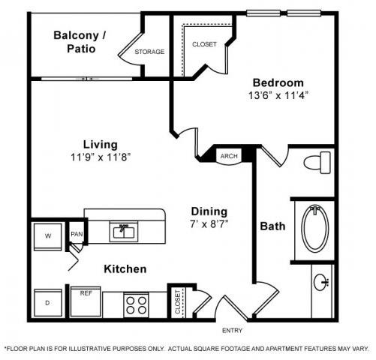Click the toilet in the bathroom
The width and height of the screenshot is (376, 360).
[317, 163]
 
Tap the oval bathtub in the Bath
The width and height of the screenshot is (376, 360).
[315, 229]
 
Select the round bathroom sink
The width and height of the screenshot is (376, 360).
[321, 282]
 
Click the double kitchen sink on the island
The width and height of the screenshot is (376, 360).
[124, 232]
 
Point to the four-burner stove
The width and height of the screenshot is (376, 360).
[136, 305]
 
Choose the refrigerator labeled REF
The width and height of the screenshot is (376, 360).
[86, 302]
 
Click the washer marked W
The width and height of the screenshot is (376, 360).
[48, 237]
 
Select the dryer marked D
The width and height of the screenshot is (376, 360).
[48, 303]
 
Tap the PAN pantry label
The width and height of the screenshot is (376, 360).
[77, 234]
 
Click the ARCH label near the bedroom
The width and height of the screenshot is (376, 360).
[229, 156]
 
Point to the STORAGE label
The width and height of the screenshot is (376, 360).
[149, 52]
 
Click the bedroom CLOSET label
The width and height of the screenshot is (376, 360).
[204, 44]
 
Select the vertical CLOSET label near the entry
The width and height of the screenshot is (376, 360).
[178, 302]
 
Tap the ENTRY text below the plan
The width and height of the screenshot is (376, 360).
[232, 331]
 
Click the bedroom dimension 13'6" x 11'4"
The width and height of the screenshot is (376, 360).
[278, 95]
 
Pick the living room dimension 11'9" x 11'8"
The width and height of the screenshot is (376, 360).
[101, 157]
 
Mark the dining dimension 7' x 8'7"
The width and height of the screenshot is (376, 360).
[209, 224]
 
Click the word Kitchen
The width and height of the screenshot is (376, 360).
[125, 269]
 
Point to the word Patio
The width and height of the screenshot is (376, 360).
[81, 49]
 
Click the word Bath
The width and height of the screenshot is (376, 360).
[272, 226]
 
